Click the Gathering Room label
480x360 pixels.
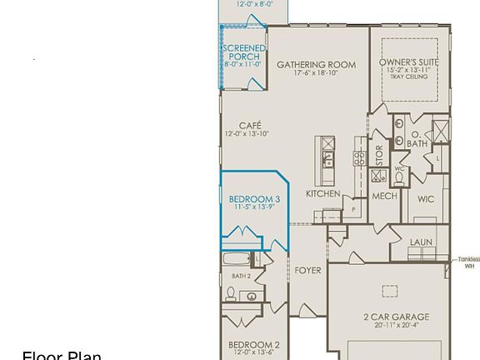pos(316,64)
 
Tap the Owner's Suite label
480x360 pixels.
pos(408,62)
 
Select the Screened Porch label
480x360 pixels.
pos(243,52)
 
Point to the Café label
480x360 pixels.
pos(250,126)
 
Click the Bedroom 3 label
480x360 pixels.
pos(254,200)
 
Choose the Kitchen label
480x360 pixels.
pos(322,194)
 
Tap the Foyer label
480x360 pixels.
pos(307,271)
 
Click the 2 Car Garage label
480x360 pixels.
pos(397,317)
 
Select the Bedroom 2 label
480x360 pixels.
pos(254,345)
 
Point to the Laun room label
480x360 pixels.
pos(421,242)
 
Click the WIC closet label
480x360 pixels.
pos(426,199)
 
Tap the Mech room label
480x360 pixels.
pos(384,197)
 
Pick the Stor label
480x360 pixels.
pos(379,154)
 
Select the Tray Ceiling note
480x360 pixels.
pos(408,77)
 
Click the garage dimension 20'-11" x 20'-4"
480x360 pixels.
pos(397,326)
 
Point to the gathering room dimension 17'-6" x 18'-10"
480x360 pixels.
pos(316,73)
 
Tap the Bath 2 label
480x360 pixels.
pos(241,276)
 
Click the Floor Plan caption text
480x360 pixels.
pos(62,356)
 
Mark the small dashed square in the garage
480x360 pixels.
pos(390,291)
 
